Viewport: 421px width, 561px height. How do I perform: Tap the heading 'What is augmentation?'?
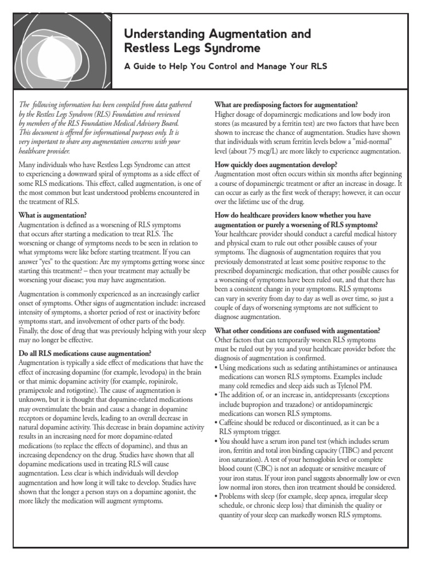coord(53,215)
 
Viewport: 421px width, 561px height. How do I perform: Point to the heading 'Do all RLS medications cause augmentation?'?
coord(85,353)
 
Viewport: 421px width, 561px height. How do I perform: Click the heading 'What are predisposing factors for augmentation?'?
coord(286,105)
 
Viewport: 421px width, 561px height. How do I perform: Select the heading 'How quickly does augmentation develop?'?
coord(275,164)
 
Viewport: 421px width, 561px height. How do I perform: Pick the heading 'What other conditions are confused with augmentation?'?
coord(297,331)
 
